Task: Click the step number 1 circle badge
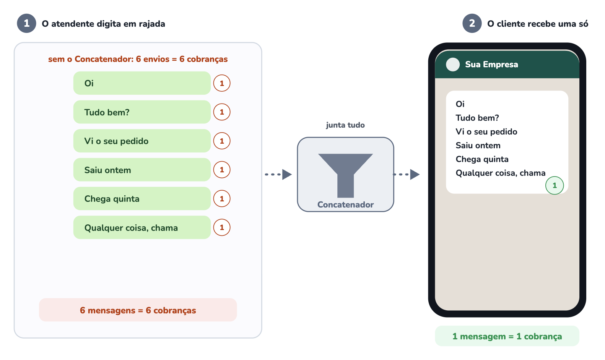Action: click(x=26, y=23)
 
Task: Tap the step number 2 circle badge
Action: click(x=472, y=23)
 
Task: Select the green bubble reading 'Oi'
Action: click(x=142, y=83)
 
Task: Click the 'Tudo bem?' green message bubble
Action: click(x=142, y=112)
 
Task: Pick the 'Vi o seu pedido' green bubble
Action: click(x=142, y=141)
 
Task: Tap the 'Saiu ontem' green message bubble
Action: click(x=142, y=170)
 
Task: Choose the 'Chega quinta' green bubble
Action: click(x=142, y=199)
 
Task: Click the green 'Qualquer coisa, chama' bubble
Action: click(x=142, y=227)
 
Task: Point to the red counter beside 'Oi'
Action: click(x=222, y=83)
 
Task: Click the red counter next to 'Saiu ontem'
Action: click(x=222, y=170)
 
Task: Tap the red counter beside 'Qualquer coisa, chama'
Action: click(x=222, y=227)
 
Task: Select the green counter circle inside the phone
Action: click(x=555, y=185)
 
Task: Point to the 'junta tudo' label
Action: click(x=345, y=125)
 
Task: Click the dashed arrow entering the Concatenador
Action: click(x=278, y=174)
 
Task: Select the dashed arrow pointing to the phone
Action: click(x=406, y=174)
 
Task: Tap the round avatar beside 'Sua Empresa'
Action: click(x=453, y=65)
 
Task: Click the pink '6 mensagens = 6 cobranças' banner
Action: click(x=138, y=310)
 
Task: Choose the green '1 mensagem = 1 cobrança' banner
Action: click(x=507, y=336)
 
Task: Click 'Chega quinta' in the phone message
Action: click(x=482, y=159)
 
